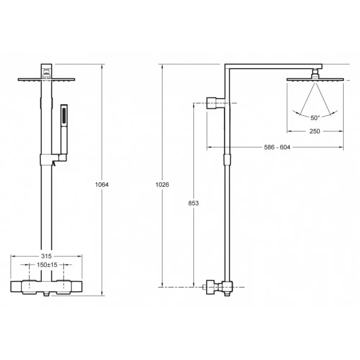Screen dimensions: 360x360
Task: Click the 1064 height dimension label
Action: tap(102, 185)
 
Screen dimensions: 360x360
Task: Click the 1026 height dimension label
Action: tap(162, 185)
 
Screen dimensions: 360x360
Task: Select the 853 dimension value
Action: tap(194, 203)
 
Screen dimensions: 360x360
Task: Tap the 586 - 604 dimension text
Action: tap(277, 147)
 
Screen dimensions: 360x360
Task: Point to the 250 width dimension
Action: tap(315, 131)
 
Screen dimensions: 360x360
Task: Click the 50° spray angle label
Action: tap(315, 118)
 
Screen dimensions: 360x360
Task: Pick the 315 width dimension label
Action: tap(46, 256)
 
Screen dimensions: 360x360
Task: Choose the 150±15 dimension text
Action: tap(47, 265)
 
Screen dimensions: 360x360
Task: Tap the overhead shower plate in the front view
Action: tap(46, 80)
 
